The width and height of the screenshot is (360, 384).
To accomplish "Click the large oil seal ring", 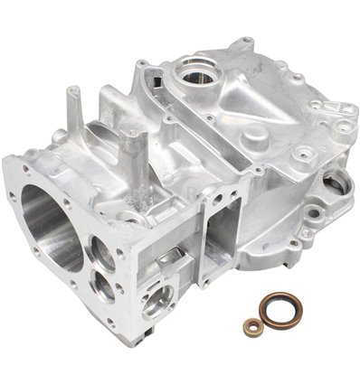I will [289, 310].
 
